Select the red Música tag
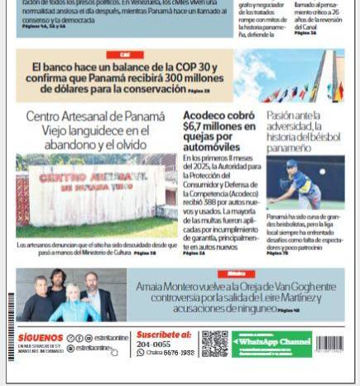(x=236, y=273)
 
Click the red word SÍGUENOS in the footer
(x=41, y=338)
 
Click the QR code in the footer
(x=214, y=344)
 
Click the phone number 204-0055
(x=153, y=344)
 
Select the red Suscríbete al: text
(x=164, y=335)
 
